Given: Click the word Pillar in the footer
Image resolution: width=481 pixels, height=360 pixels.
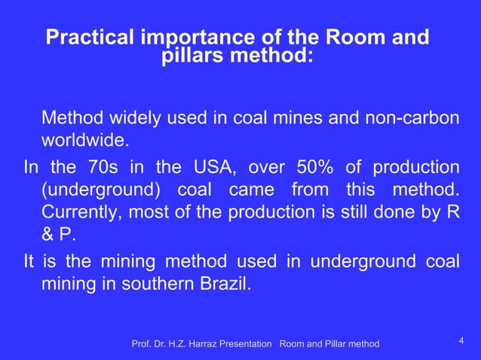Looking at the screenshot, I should click(335, 344).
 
